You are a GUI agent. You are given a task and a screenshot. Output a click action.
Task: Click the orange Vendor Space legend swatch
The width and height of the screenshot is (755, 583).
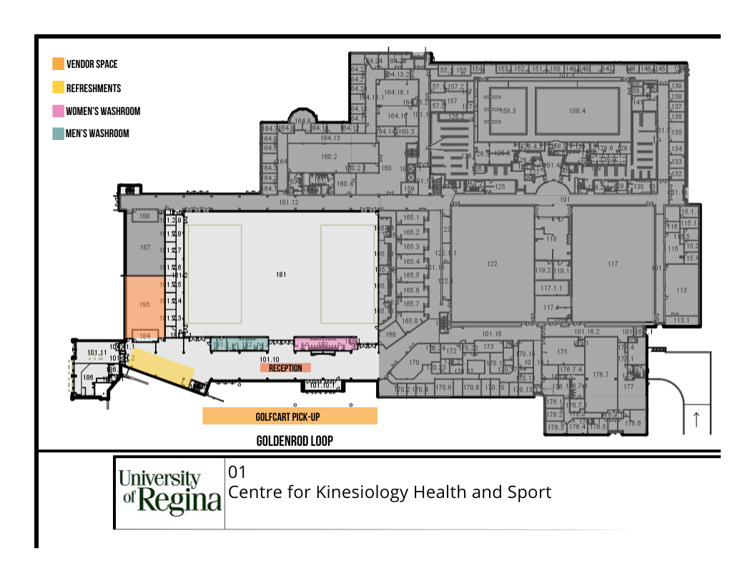(x=58, y=64)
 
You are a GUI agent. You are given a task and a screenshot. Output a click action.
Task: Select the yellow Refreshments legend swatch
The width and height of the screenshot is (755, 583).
(x=58, y=89)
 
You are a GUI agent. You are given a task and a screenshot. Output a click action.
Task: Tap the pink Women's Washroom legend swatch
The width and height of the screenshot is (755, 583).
(x=58, y=111)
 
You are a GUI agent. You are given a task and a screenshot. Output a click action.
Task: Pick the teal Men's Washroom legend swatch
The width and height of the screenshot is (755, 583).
(x=58, y=134)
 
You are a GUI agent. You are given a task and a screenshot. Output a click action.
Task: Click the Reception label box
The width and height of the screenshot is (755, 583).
(x=285, y=368)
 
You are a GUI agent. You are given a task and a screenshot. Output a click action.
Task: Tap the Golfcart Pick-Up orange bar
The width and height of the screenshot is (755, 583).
(x=290, y=416)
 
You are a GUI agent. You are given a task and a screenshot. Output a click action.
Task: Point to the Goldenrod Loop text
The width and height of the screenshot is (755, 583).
(x=295, y=441)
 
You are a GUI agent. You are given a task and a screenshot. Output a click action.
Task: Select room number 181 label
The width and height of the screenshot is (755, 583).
(x=281, y=274)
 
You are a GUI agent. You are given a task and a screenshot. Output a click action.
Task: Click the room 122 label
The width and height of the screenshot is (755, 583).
(x=492, y=264)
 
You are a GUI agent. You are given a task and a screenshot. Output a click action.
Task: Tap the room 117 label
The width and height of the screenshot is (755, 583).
(x=613, y=264)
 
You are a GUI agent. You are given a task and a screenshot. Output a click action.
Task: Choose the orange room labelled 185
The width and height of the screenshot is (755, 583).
(x=145, y=304)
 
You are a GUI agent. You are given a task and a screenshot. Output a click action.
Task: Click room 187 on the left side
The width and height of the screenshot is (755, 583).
(x=145, y=248)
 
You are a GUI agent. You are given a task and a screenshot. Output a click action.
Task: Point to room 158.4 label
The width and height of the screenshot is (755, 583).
(x=577, y=111)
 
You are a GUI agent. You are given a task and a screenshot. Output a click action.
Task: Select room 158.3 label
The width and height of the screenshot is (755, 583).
(x=508, y=111)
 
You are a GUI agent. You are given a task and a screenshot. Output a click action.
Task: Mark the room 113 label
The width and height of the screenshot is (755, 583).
(x=681, y=290)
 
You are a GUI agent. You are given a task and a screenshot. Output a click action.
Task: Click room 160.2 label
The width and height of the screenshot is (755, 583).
(x=329, y=156)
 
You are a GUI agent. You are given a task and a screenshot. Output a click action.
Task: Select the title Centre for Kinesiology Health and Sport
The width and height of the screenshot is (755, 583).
(x=390, y=492)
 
